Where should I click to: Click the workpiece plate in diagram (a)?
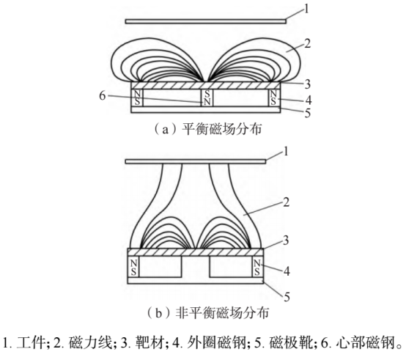pyautogui.click(x=206, y=21)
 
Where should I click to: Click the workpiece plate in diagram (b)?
pyautogui.click(x=196, y=161)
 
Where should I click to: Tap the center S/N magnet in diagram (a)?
pyautogui.click(x=207, y=98)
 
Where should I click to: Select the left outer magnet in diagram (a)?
pyautogui.click(x=137, y=98)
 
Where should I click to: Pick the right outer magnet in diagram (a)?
pyautogui.click(x=274, y=98)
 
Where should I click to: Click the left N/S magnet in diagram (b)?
pyautogui.click(x=133, y=267)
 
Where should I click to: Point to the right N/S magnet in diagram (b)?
pyautogui.click(x=257, y=267)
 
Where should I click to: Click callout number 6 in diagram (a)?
pyautogui.click(x=103, y=96)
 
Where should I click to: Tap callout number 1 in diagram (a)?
pyautogui.click(x=306, y=9)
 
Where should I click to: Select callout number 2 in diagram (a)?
pyautogui.click(x=307, y=43)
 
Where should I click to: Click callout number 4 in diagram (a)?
pyautogui.click(x=308, y=100)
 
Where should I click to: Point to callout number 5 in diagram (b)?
pyautogui.click(x=287, y=297)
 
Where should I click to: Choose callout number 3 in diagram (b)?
pyautogui.click(x=286, y=240)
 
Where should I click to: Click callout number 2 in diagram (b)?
pyautogui.click(x=286, y=202)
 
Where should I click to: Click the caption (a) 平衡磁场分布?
pyautogui.click(x=207, y=129)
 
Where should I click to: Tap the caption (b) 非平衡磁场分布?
pyautogui.click(x=207, y=313)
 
